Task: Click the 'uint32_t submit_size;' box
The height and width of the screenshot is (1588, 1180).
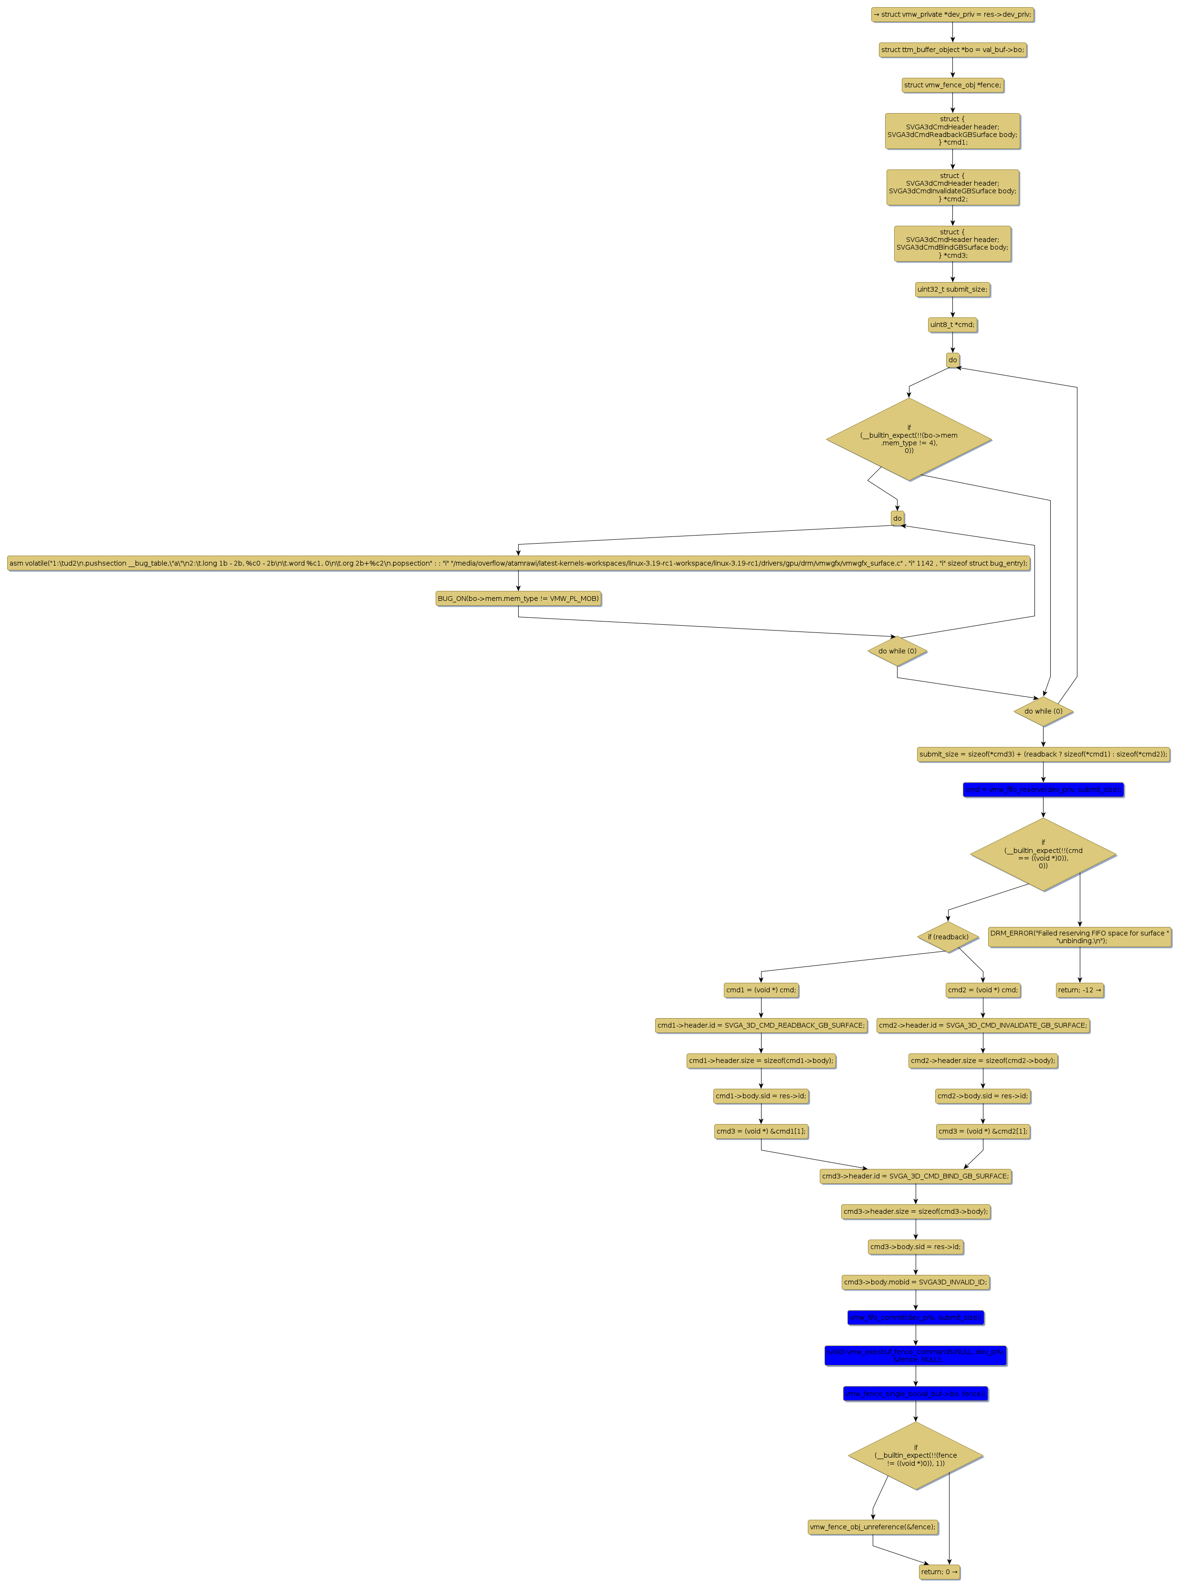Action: pos(952,289)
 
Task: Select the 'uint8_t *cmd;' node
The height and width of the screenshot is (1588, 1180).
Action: pos(952,324)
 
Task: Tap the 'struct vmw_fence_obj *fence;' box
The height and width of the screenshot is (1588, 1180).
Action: pos(952,85)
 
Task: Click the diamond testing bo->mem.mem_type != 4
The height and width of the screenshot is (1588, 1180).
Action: pos(908,439)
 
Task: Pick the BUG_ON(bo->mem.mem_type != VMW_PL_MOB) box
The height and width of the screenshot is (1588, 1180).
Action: pos(518,598)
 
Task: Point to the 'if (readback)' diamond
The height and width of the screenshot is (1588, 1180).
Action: pos(948,936)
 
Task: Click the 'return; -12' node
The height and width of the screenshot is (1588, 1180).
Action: pos(1079,990)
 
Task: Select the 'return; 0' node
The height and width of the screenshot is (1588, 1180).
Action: pos(939,1572)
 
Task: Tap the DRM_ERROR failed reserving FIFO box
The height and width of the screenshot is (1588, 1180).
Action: pos(1079,936)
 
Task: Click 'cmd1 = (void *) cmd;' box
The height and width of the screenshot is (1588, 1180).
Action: pos(761,990)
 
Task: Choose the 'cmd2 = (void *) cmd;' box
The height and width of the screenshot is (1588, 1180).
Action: pos(983,990)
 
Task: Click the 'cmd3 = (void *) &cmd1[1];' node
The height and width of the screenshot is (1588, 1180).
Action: pos(761,1131)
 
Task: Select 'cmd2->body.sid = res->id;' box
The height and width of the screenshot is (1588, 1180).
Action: pos(983,1096)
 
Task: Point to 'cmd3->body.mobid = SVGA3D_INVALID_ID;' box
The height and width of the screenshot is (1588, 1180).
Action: pos(915,1282)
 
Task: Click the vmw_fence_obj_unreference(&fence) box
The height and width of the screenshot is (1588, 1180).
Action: pos(872,1526)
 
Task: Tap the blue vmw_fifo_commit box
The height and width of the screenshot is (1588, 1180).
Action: pos(915,1317)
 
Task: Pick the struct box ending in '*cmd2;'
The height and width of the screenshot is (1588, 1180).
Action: pos(952,187)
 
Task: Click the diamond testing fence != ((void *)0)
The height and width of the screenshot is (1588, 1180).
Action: pos(915,1455)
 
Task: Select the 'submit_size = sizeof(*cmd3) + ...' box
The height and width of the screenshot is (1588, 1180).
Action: pos(1043,754)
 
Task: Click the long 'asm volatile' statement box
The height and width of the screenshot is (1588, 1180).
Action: pos(518,563)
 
